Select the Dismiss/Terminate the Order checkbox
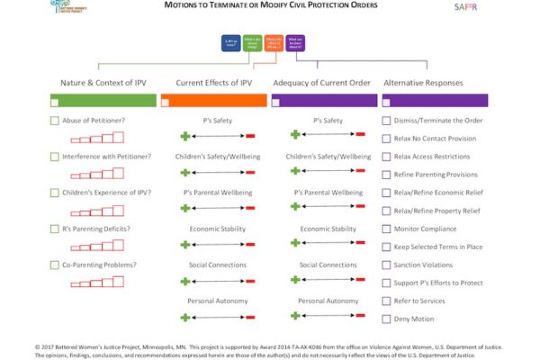click(x=387, y=121)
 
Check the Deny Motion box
click(x=387, y=319)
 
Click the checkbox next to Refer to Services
click(x=387, y=301)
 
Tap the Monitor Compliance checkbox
click(x=387, y=229)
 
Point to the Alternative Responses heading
click(x=423, y=83)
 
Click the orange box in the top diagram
click(x=275, y=42)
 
